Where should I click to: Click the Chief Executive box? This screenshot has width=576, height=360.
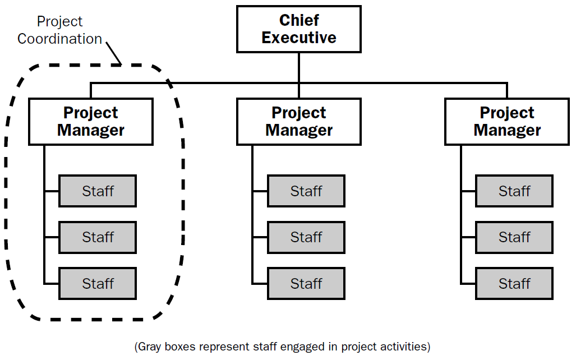(298, 29)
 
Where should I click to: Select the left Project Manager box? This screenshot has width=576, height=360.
(90, 122)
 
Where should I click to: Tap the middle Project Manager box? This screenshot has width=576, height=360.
(298, 122)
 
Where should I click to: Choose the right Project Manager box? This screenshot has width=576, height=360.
(507, 122)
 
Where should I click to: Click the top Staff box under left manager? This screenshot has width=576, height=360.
(98, 191)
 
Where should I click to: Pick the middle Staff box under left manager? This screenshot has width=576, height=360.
(98, 237)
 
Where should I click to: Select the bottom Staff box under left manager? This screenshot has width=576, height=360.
(98, 283)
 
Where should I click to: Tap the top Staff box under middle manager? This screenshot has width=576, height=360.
(306, 191)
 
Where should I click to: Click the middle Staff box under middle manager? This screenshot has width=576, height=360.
(306, 237)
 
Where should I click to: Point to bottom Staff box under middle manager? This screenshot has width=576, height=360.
(306, 283)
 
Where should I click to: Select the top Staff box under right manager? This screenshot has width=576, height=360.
(514, 191)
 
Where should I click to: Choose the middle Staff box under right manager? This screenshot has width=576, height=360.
(514, 237)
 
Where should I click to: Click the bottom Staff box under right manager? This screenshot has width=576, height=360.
(514, 283)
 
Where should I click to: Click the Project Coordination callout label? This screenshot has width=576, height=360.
(59, 30)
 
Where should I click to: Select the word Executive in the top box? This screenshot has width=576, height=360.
(298, 38)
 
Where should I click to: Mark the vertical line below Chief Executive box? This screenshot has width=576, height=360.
(298, 68)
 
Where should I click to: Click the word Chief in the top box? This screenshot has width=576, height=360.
(298, 21)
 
